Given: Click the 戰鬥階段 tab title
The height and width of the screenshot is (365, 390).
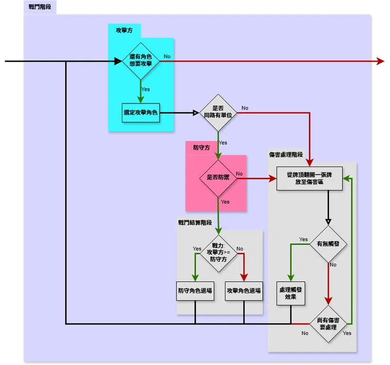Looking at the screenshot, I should tap(40, 6).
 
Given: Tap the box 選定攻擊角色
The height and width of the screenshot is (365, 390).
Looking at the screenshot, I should tap(141, 112).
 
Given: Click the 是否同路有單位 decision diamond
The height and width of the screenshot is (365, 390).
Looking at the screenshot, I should tap(218, 112).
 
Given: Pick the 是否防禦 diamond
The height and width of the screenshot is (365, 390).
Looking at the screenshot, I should tap(218, 178).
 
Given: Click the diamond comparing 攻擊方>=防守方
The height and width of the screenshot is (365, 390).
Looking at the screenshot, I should tap(218, 253).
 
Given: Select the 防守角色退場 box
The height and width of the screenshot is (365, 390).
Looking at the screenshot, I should tap(195, 291).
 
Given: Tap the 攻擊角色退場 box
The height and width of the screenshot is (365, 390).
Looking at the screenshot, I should tap(243, 291).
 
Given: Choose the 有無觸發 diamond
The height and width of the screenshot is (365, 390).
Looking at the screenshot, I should tap(328, 245).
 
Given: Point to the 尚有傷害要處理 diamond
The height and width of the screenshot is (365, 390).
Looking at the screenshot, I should tap(328, 323).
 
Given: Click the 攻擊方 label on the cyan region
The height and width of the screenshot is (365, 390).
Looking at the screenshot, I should tap(124, 31).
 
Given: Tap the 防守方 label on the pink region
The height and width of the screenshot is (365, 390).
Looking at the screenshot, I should tap(201, 148).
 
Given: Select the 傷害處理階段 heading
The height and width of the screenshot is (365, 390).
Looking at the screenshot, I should tap(286, 155).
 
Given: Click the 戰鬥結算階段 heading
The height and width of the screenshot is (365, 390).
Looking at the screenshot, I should tap(194, 223).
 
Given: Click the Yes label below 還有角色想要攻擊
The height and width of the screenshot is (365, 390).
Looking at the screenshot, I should tap(145, 89).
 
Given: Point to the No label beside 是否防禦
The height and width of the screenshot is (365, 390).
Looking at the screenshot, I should tap(239, 174).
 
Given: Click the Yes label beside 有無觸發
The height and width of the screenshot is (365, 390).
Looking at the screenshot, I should tap(304, 239).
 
